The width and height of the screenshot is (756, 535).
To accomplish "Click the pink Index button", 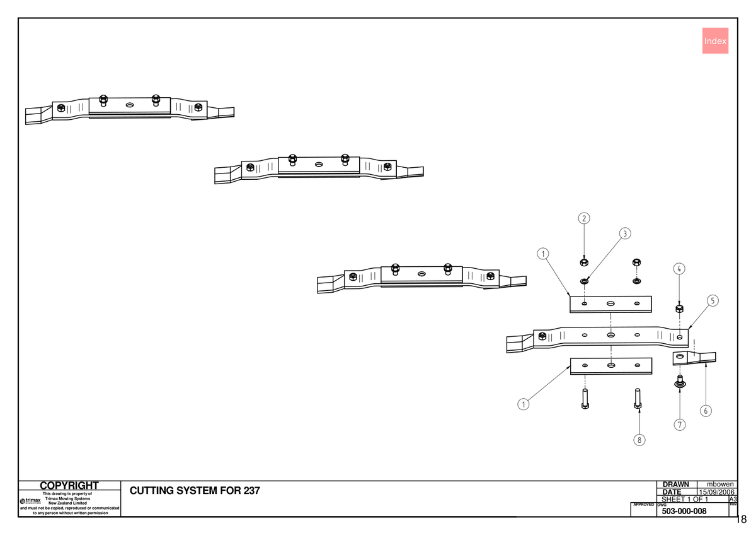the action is pos(715,41).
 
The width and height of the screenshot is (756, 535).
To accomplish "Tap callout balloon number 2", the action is pos(584,218).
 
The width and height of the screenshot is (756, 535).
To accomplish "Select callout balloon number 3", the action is pos(625,233).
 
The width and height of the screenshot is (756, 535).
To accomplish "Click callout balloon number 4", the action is pos(679,269).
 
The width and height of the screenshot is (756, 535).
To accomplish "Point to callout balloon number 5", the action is pos(713,301).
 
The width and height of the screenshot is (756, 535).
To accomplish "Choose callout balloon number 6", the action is pos(706,411).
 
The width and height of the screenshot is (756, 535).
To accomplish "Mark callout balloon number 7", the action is pos(680,425).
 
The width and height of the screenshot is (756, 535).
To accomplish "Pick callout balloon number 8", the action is pos(639,440).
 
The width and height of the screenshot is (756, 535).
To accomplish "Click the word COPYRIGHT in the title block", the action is pos(69,486).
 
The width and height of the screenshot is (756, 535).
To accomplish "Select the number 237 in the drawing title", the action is pos(251,491).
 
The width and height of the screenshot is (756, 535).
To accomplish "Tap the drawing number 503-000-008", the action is pos(684,511).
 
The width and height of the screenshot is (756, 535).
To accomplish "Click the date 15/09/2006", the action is pos(716,492).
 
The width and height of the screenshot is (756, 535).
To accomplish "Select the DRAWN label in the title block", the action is pos(675,485).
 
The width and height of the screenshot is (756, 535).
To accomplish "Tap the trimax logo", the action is pos(30,500).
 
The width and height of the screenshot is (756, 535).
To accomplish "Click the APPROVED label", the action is pos(643,505).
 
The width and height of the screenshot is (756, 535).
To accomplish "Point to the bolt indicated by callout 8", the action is pos(637,399).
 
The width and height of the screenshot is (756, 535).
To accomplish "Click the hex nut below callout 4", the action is pos(679,309).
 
